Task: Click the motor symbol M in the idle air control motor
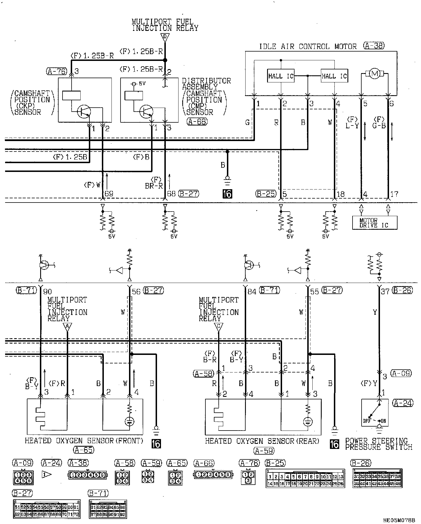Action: [375, 74]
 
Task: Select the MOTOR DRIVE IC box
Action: [375, 223]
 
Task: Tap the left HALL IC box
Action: [281, 76]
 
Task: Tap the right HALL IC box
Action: [334, 76]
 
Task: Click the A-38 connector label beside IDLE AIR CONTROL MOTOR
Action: [374, 46]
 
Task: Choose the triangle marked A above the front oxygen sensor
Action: [67, 327]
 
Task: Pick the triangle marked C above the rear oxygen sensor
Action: [218, 327]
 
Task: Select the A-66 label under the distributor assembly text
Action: [197, 122]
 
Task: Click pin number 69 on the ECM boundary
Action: [109, 194]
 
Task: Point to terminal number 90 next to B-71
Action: [48, 291]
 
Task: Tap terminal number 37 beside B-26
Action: [385, 291]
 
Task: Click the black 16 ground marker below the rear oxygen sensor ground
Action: [334, 444]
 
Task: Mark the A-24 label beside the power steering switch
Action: [403, 403]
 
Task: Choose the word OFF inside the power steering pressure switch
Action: [367, 421]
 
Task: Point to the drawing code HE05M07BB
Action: [399, 520]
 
